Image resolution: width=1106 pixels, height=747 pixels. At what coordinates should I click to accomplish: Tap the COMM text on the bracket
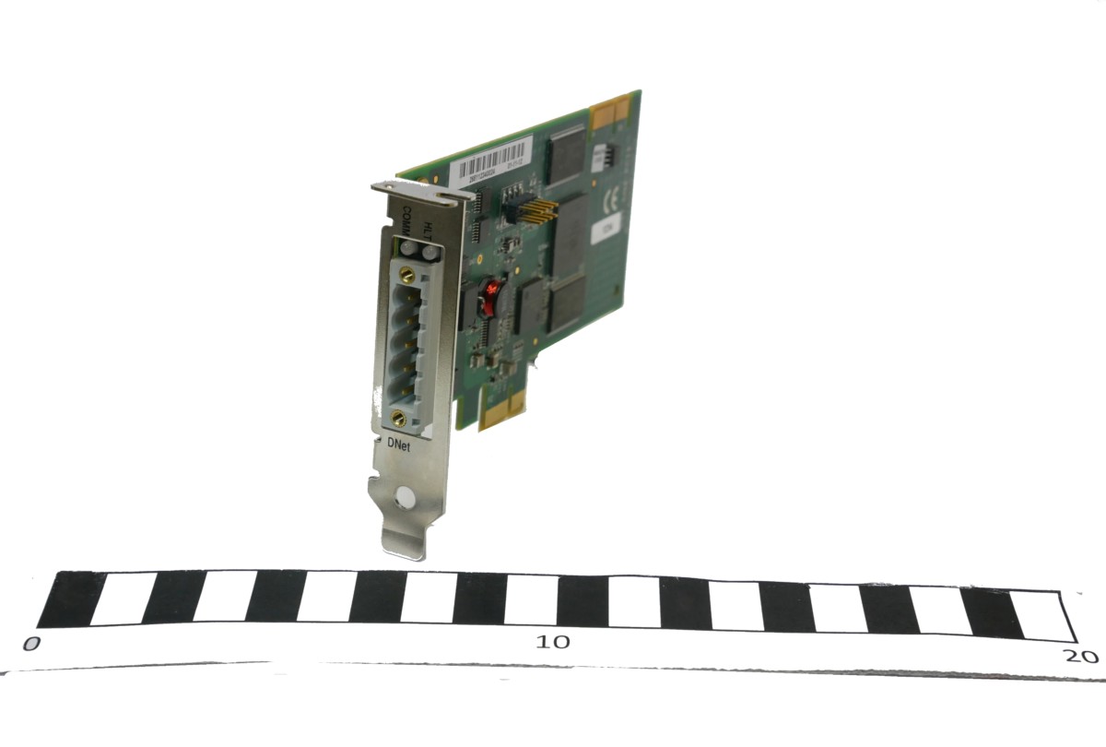406,222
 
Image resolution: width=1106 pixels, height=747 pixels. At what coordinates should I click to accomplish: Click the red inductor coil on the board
491,293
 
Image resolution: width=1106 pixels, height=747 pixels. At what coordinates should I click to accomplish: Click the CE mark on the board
608,197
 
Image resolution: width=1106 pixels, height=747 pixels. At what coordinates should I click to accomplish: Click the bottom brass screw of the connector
399,418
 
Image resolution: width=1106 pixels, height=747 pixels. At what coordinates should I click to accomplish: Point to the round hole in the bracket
403,499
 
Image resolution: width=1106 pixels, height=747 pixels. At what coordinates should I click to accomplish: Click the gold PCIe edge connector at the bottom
503,406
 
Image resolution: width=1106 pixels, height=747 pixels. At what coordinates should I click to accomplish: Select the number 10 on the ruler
555,641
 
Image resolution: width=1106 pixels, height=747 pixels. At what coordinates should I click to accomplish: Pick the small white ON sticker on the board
608,224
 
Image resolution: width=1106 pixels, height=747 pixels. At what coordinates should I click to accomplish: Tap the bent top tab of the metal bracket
419,190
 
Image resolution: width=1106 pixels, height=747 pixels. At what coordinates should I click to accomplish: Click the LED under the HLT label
428,250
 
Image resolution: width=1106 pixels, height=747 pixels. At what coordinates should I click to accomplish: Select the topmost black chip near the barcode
567,152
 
